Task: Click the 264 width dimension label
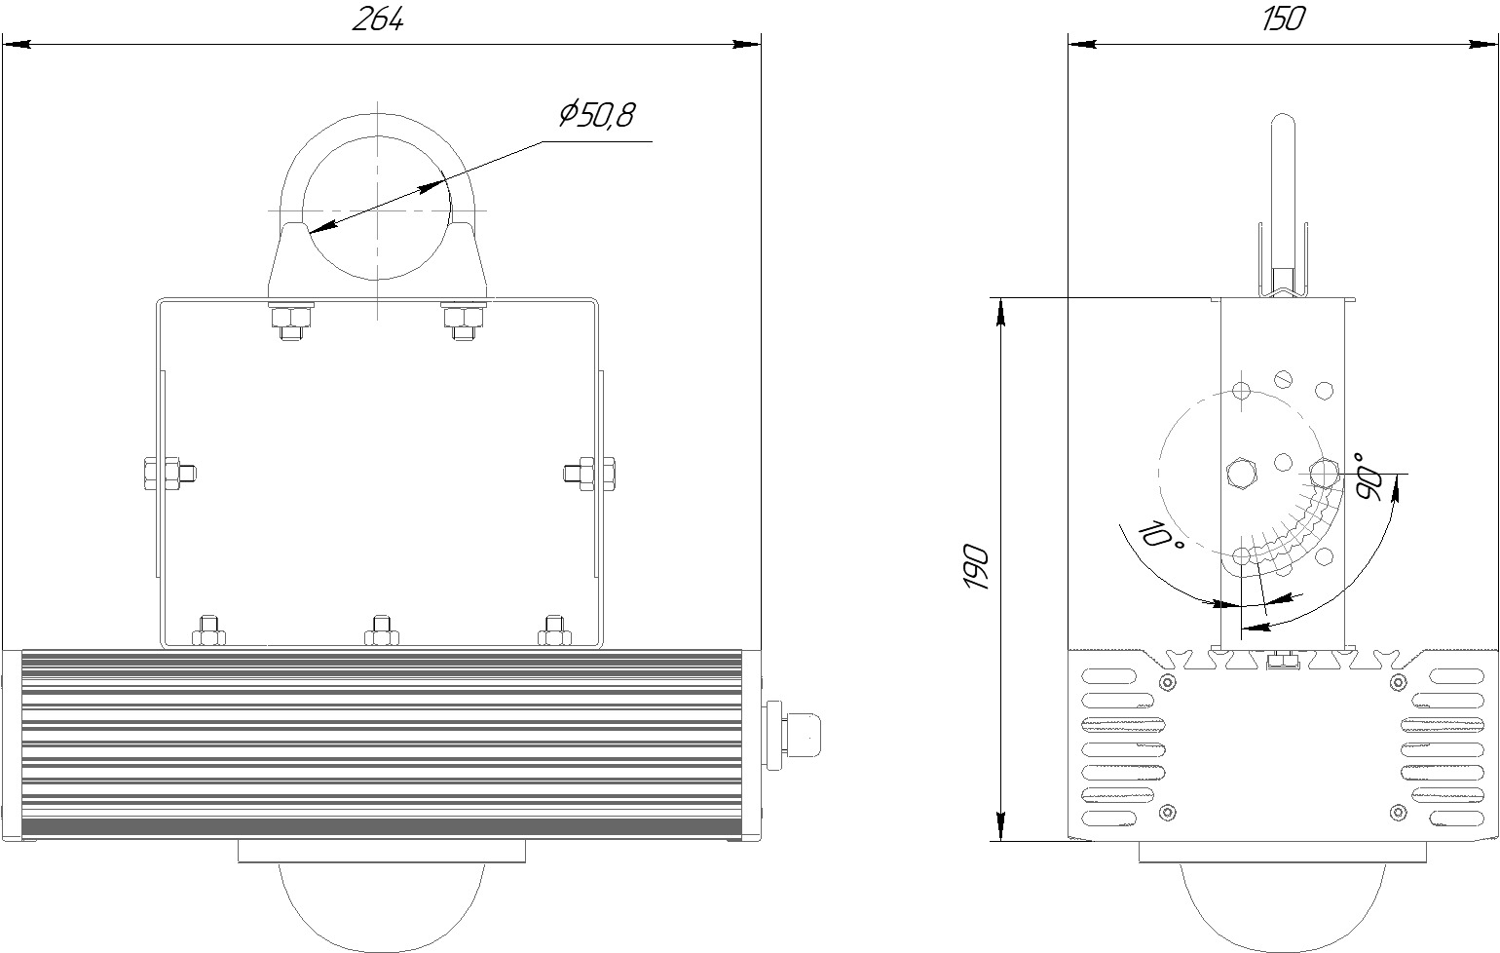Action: click(x=378, y=20)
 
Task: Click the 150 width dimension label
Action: click(x=1283, y=19)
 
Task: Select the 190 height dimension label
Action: click(x=977, y=567)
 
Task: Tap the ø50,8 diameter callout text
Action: click(x=597, y=115)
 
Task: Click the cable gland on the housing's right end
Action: click(x=793, y=736)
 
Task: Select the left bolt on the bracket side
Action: click(x=169, y=475)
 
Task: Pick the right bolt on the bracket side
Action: click(x=589, y=475)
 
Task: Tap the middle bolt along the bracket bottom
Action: click(x=381, y=630)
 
